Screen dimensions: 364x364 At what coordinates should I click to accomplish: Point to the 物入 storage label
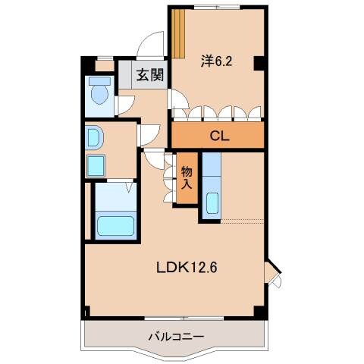pyautogui.click(x=187, y=177)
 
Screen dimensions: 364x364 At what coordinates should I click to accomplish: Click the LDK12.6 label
pyautogui.click(x=188, y=267)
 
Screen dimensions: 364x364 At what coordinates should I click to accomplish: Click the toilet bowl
pyautogui.click(x=99, y=95)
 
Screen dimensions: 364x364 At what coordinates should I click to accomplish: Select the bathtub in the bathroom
pyautogui.click(x=115, y=226)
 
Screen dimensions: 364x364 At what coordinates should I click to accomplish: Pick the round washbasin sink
pyautogui.click(x=94, y=137)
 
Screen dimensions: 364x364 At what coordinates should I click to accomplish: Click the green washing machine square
pyautogui.click(x=96, y=166)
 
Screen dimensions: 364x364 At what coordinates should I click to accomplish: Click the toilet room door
pyautogui.click(x=122, y=107)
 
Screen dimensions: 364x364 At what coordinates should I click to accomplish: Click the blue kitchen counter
pyautogui.click(x=212, y=186)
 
